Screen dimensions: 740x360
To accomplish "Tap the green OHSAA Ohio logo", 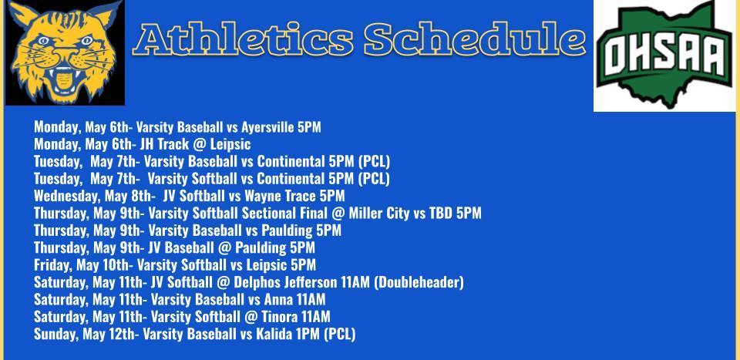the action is pyautogui.click(x=664, y=55).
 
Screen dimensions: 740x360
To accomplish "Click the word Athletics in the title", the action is pyautogui.click(x=243, y=39).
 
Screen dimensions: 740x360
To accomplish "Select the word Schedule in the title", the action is pyautogui.click(x=476, y=39).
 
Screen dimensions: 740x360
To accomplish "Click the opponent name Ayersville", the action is pyautogui.click(x=267, y=127).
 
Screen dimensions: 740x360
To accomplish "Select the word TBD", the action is pyautogui.click(x=440, y=214).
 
